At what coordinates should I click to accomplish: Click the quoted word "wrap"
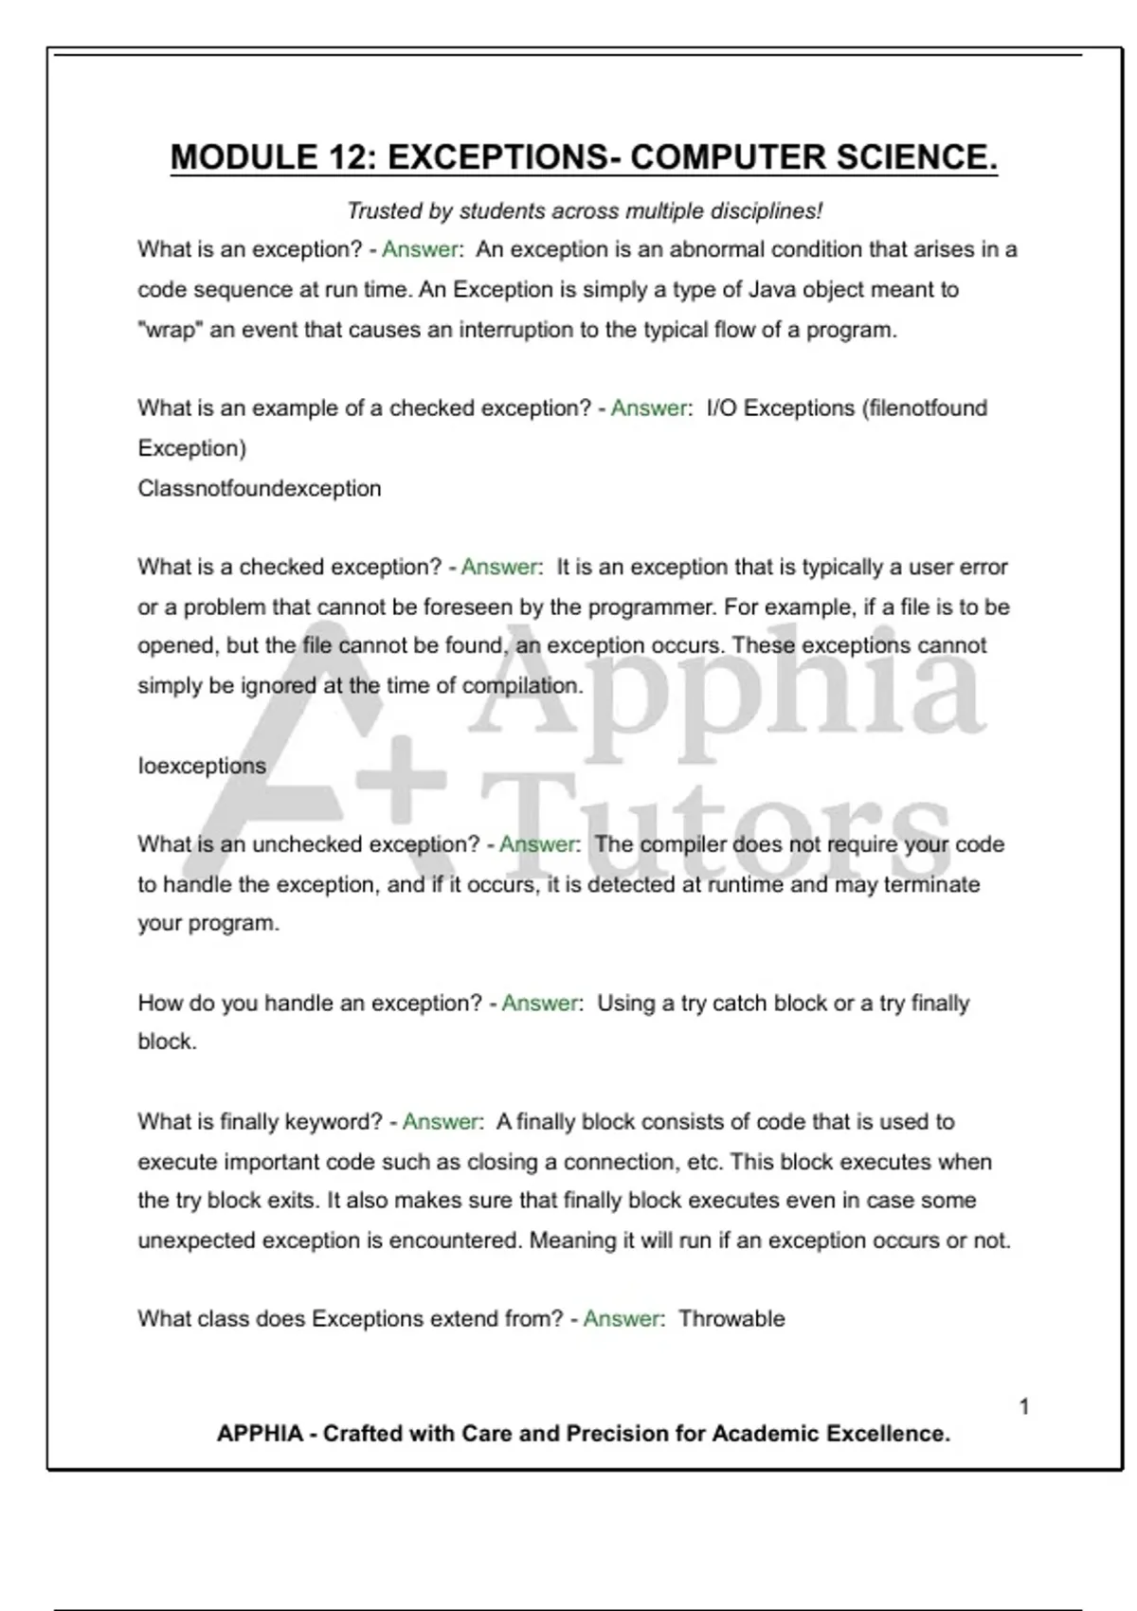[x=170, y=331]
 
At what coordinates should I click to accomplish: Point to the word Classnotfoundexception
[x=259, y=489]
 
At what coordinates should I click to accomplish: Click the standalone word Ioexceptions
[x=202, y=766]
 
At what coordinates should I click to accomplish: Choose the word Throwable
[x=731, y=1319]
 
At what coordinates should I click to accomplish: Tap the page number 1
[x=1024, y=1407]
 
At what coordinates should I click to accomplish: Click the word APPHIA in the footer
[x=260, y=1434]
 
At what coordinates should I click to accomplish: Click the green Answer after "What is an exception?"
[x=421, y=250]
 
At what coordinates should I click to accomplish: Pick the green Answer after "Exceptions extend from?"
[x=623, y=1319]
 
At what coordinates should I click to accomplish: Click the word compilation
[x=522, y=686]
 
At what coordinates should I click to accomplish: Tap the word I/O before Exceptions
[x=722, y=408]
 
